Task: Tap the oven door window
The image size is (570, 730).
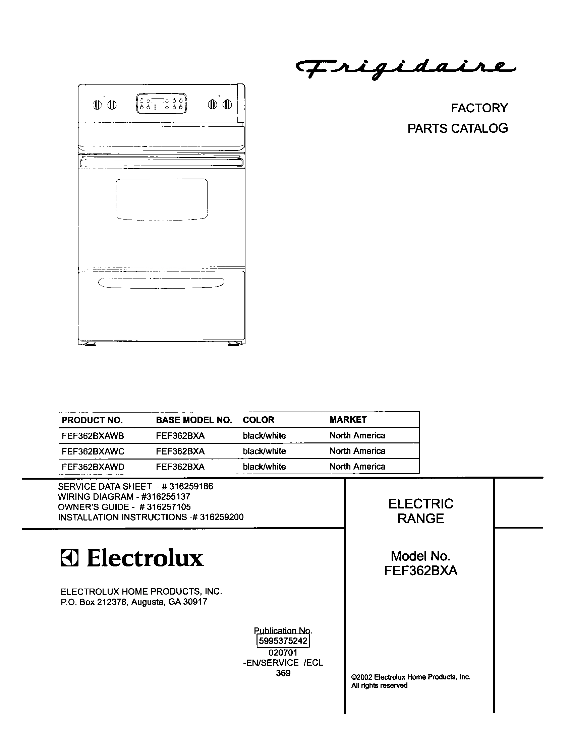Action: click(161, 199)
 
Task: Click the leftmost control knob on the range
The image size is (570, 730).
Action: click(97, 105)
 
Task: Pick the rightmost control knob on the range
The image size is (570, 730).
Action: click(227, 105)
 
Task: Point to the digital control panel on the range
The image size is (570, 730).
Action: click(161, 104)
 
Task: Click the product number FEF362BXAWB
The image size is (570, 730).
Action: click(93, 436)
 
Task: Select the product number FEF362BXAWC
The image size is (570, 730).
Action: click(93, 451)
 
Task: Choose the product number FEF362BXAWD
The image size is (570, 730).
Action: click(93, 467)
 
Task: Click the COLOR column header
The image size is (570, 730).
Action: click(258, 420)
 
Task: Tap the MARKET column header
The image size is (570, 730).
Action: click(348, 420)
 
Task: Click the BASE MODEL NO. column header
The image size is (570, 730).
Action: click(194, 420)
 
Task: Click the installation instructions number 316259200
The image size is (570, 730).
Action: click(222, 517)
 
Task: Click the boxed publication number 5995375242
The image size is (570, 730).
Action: click(283, 641)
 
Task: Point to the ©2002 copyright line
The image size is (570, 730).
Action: click(411, 677)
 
